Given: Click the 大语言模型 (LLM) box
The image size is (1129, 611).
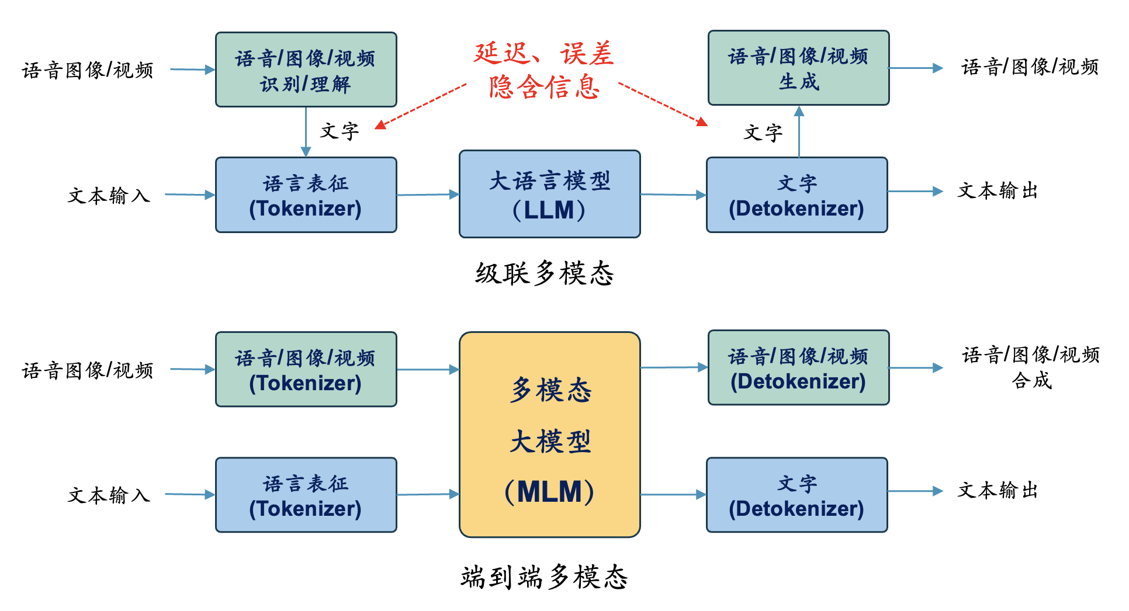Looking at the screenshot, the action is pos(550,194).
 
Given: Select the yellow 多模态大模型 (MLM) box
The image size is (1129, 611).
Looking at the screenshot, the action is pos(550,435).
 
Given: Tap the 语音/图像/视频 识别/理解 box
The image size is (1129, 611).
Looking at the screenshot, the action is pos(306,70).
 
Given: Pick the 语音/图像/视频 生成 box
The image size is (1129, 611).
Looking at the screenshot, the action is pos(799,68).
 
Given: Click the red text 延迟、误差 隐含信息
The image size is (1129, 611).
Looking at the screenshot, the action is pos(543,70).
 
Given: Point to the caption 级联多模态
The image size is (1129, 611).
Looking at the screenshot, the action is pos(545,273).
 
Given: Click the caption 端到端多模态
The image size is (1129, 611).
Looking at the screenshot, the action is pos(545,577).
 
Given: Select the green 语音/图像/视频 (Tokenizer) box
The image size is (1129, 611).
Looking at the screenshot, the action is pos(306,369).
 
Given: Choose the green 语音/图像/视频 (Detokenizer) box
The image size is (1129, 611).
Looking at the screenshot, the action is pos(799,367).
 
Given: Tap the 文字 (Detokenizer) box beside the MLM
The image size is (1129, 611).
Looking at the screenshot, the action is pos(797,495).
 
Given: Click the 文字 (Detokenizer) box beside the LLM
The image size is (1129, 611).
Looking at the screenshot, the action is pos(797,195).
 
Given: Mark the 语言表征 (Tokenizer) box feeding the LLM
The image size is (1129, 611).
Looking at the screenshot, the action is pos(306,195).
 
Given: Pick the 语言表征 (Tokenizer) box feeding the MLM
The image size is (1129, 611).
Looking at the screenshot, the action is pos(306,495).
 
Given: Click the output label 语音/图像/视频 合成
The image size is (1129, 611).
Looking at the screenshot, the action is pos(1031,367).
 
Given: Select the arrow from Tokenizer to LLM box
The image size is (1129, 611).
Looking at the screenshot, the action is pos(428,195).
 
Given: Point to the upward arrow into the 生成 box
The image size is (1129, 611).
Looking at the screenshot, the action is pos(799,131).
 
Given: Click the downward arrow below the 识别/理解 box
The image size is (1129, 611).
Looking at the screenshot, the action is pos(306,132).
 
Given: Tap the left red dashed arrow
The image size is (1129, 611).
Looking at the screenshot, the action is pos(421,106).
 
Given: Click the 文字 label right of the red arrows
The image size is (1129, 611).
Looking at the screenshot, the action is pos(763,133).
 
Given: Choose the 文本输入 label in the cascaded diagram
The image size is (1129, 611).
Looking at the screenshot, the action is pos(109,195).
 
